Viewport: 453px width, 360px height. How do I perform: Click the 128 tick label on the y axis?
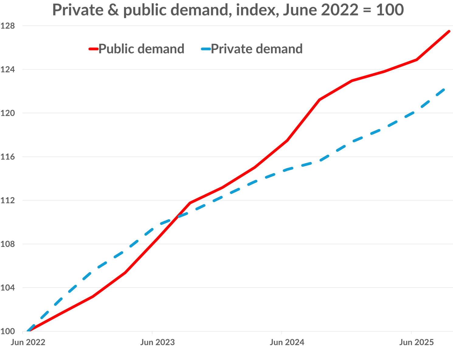pyautogui.click(x=7, y=26)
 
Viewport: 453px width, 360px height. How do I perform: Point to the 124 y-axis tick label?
pyautogui.click(x=7, y=70)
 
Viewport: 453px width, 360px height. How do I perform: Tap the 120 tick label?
pyautogui.click(x=7, y=113)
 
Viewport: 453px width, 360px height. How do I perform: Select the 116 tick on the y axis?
pyautogui.click(x=7, y=157)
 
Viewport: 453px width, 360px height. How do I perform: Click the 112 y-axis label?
pyautogui.click(x=7, y=200)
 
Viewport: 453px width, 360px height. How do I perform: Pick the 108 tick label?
pyautogui.click(x=7, y=244)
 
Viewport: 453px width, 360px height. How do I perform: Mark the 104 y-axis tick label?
pyautogui.click(x=7, y=288)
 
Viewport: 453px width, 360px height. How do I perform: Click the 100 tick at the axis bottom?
pyautogui.click(x=7, y=331)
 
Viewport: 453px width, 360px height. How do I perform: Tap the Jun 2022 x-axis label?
pyautogui.click(x=28, y=342)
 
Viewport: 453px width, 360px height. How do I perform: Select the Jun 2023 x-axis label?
pyautogui.click(x=157, y=342)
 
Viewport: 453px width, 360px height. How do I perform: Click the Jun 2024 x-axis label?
pyautogui.click(x=287, y=342)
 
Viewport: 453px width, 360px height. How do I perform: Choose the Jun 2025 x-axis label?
pyautogui.click(x=417, y=342)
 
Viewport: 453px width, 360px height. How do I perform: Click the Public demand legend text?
pyautogui.click(x=141, y=49)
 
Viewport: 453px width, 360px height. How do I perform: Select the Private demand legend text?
pyautogui.click(x=257, y=49)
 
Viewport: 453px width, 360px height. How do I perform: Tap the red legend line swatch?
pyautogui.click(x=93, y=49)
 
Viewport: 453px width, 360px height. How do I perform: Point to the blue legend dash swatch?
pyautogui.click(x=206, y=49)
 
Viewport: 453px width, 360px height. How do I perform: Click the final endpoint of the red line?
pyautogui.click(x=449, y=31)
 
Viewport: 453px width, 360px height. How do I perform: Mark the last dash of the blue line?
pyautogui.click(x=441, y=92)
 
